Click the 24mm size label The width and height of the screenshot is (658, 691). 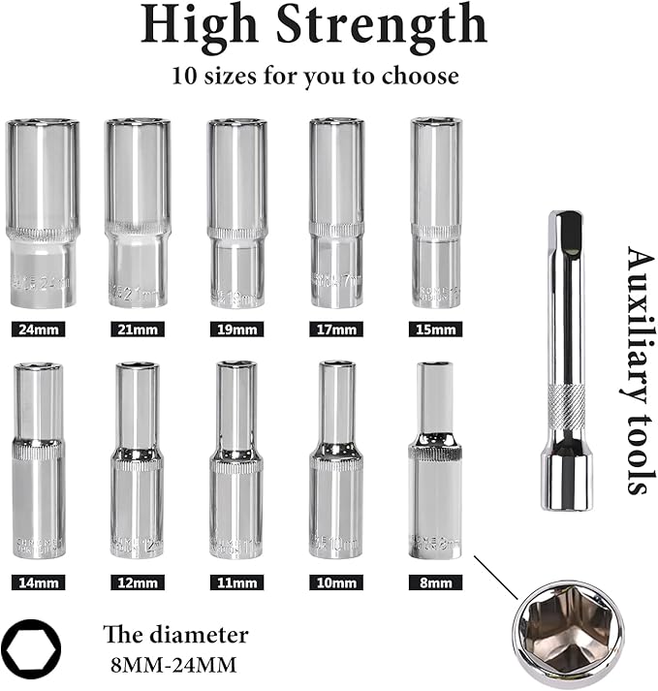coord(39,330)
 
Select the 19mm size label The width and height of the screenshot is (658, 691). coord(236,330)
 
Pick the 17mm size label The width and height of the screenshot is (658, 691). coord(335,330)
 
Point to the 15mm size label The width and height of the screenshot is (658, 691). coord(435,330)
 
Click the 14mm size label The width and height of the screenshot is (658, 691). coord(39,582)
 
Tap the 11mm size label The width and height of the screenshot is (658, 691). coord(236,582)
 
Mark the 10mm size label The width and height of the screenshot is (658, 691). coord(335,582)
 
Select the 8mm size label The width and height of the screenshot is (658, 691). coord(435,582)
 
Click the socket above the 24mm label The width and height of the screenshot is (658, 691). coord(42,213)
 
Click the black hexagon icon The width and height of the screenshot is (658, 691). coord(31,644)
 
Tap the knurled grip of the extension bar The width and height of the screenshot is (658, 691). coord(565,406)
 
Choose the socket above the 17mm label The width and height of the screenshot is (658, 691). coord(336,213)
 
